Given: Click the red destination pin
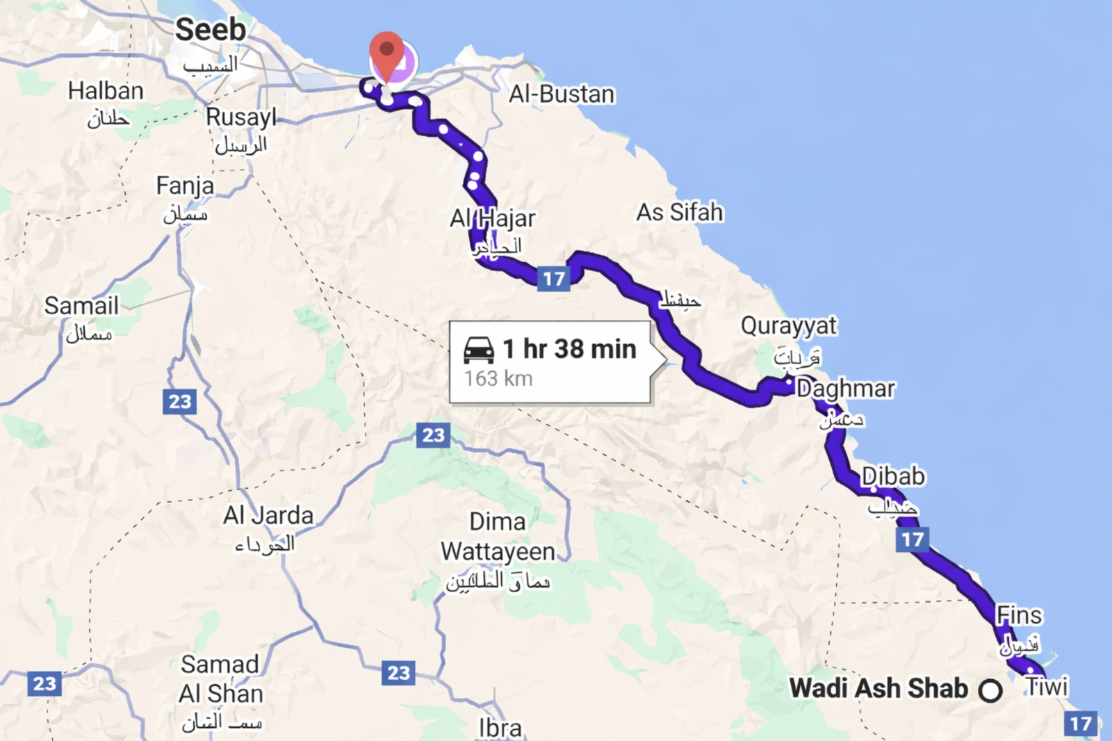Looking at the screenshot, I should click(386, 53).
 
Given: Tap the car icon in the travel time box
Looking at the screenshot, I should click(478, 350).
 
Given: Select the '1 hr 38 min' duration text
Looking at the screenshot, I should click(569, 349).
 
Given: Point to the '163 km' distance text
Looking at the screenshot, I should click(498, 379).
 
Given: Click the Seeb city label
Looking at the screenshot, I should click(210, 30).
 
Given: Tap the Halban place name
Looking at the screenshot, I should click(106, 91).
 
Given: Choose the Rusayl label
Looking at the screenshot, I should click(241, 117).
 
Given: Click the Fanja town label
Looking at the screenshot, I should click(185, 186).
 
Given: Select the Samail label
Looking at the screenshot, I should click(81, 306).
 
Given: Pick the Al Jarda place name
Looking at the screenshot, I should click(268, 515).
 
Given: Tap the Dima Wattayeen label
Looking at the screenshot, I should click(498, 537).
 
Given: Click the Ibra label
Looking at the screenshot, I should click(500, 728).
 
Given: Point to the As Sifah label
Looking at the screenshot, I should click(680, 212).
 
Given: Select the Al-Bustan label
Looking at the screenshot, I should click(562, 94).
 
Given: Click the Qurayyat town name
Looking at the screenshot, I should click(789, 325).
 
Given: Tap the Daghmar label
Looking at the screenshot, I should click(846, 389).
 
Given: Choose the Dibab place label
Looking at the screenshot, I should click(893, 476).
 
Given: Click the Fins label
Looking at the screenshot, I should click(1019, 615).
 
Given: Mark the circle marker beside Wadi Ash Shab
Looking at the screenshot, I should click(990, 690).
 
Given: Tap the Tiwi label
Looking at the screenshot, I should click(1047, 687).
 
